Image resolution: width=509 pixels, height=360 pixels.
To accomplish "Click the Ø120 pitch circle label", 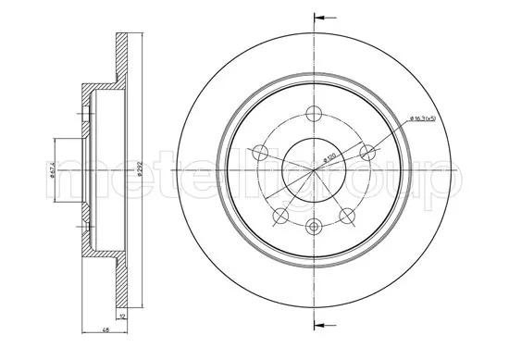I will coord(329,157).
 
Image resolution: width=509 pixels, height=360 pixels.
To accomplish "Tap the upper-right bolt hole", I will coord(368,153).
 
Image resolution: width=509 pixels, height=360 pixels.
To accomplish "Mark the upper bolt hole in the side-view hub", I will coord(86,117).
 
